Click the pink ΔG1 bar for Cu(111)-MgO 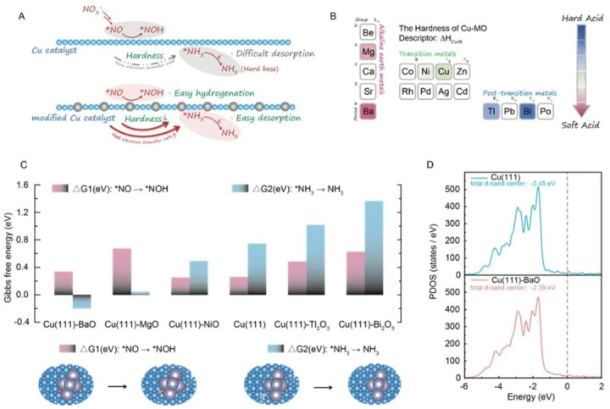click(x=122, y=272)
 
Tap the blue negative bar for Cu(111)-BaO click(x=81, y=301)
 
